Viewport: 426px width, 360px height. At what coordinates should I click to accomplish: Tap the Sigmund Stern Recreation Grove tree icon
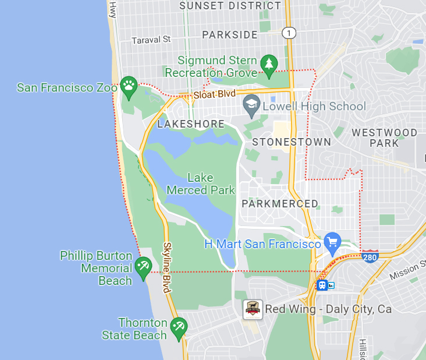tap(268, 64)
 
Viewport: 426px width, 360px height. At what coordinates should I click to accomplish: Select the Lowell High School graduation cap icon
tap(251, 105)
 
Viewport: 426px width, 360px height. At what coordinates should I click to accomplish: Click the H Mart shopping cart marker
tap(332, 242)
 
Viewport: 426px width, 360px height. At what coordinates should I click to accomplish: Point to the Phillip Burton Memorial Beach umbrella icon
tap(143, 267)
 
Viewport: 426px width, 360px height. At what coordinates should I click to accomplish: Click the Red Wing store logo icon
tap(252, 309)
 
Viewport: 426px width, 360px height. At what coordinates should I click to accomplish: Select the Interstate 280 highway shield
tap(370, 256)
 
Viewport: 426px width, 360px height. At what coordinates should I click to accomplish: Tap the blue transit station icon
tap(322, 285)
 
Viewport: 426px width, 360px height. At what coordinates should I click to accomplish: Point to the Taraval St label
tap(151, 40)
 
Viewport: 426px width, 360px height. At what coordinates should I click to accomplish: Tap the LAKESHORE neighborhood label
tap(191, 124)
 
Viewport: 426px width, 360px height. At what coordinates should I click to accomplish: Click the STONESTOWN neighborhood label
tap(292, 142)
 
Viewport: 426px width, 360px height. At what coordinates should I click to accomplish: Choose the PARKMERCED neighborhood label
tap(280, 204)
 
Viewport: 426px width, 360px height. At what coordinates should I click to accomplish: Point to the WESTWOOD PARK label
tap(384, 137)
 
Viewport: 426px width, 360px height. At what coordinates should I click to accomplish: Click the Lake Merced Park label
tap(201, 183)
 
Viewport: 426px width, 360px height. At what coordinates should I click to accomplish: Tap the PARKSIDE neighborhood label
tap(230, 35)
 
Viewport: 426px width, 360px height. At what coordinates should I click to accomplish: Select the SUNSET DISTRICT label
tap(230, 6)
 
